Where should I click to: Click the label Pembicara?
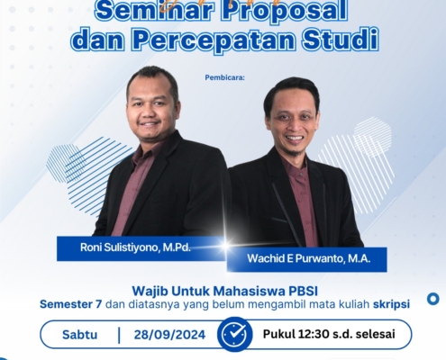click(225, 77)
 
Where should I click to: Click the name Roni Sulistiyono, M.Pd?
click(135, 247)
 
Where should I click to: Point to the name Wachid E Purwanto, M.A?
click(308, 258)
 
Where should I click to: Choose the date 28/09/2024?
click(169, 335)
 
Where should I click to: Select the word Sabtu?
click(79, 335)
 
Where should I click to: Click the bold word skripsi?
click(391, 304)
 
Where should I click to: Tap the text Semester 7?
click(71, 304)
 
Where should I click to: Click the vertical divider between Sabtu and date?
click(119, 335)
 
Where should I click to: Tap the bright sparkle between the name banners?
click(226, 245)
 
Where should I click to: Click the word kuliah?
click(355, 304)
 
